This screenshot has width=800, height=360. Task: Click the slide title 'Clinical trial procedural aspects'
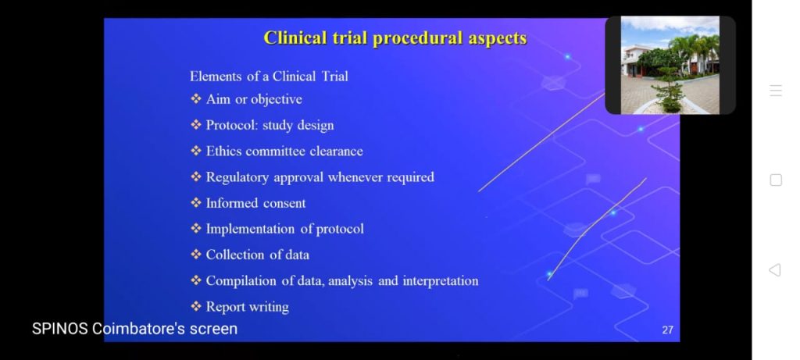point(395,38)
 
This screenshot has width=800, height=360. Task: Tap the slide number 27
point(667,330)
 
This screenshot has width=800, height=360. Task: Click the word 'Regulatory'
point(237,177)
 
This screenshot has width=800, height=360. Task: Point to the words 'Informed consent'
point(255,203)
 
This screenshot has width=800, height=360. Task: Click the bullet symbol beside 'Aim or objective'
point(196,99)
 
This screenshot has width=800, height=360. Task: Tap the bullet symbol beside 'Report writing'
point(196,306)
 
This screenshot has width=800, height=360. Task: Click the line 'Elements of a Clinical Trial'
point(269,77)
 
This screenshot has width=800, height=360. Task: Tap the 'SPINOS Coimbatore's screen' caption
point(134,329)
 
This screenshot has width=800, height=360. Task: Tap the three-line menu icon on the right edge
point(776,91)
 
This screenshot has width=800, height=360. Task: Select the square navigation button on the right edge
point(776,180)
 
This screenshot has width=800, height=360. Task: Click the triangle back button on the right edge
point(774,269)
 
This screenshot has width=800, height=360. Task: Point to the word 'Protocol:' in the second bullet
point(232,126)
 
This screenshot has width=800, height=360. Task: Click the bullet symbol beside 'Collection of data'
point(196,255)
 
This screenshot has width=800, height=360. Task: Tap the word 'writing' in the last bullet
point(269,307)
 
